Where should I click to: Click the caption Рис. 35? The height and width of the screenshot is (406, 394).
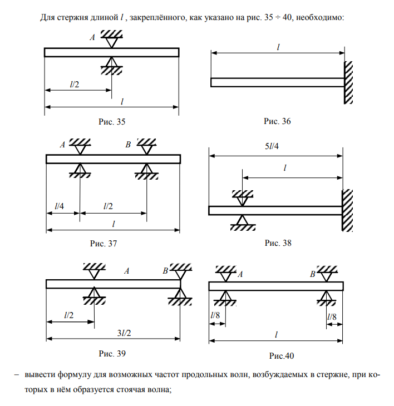tap(112, 121)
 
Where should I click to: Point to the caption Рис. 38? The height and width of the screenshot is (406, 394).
tap(278, 243)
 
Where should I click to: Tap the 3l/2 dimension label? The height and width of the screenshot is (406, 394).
tap(123, 333)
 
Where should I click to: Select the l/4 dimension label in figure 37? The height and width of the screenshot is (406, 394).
tap(59, 206)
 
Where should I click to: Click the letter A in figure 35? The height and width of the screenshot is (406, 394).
tap(92, 37)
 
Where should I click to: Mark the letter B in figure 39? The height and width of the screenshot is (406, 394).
tap(165, 271)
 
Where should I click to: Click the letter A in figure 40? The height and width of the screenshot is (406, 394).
tap(240, 274)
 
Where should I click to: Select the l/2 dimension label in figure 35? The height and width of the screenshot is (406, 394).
tap(74, 84)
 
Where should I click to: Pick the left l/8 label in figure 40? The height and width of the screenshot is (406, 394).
tap(215, 316)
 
